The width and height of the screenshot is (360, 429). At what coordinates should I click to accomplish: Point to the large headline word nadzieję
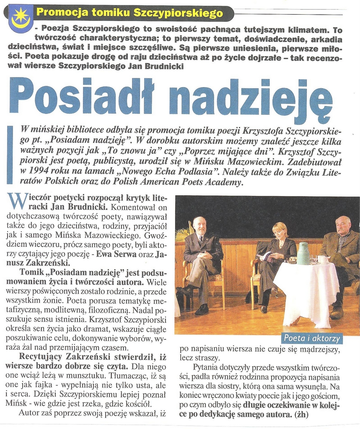click(250, 99)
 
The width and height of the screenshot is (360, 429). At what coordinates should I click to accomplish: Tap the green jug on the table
click(303, 253)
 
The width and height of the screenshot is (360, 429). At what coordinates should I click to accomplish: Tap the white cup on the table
click(323, 259)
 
